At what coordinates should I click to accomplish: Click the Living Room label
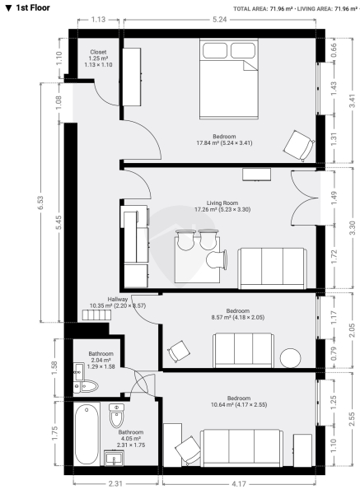[x=222, y=203]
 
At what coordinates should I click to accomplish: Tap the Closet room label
[x=98, y=52]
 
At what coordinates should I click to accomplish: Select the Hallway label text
[x=118, y=300]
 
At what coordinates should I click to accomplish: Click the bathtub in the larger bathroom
[x=86, y=434]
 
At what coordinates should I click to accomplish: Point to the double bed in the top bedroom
[x=229, y=79]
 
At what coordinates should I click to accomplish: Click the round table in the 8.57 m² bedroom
[x=291, y=358]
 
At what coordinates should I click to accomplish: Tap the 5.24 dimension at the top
[x=219, y=20]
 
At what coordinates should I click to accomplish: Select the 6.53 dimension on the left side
[x=40, y=203]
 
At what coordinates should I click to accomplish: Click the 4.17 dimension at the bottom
[x=239, y=483]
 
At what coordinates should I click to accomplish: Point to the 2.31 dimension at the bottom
[x=115, y=483]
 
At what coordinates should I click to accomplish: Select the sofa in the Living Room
[x=273, y=268]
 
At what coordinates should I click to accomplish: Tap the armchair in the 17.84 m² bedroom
[x=299, y=146]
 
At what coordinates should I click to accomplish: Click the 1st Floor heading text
[x=33, y=8]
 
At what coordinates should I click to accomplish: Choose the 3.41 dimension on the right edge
[x=353, y=100]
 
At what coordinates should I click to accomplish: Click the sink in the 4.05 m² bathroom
[x=115, y=458]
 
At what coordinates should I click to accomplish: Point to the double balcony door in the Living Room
[x=305, y=198]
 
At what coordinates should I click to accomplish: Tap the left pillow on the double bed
[x=215, y=51]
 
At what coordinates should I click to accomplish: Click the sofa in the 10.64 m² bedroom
[x=242, y=448]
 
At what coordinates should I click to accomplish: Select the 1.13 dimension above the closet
[x=98, y=20]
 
